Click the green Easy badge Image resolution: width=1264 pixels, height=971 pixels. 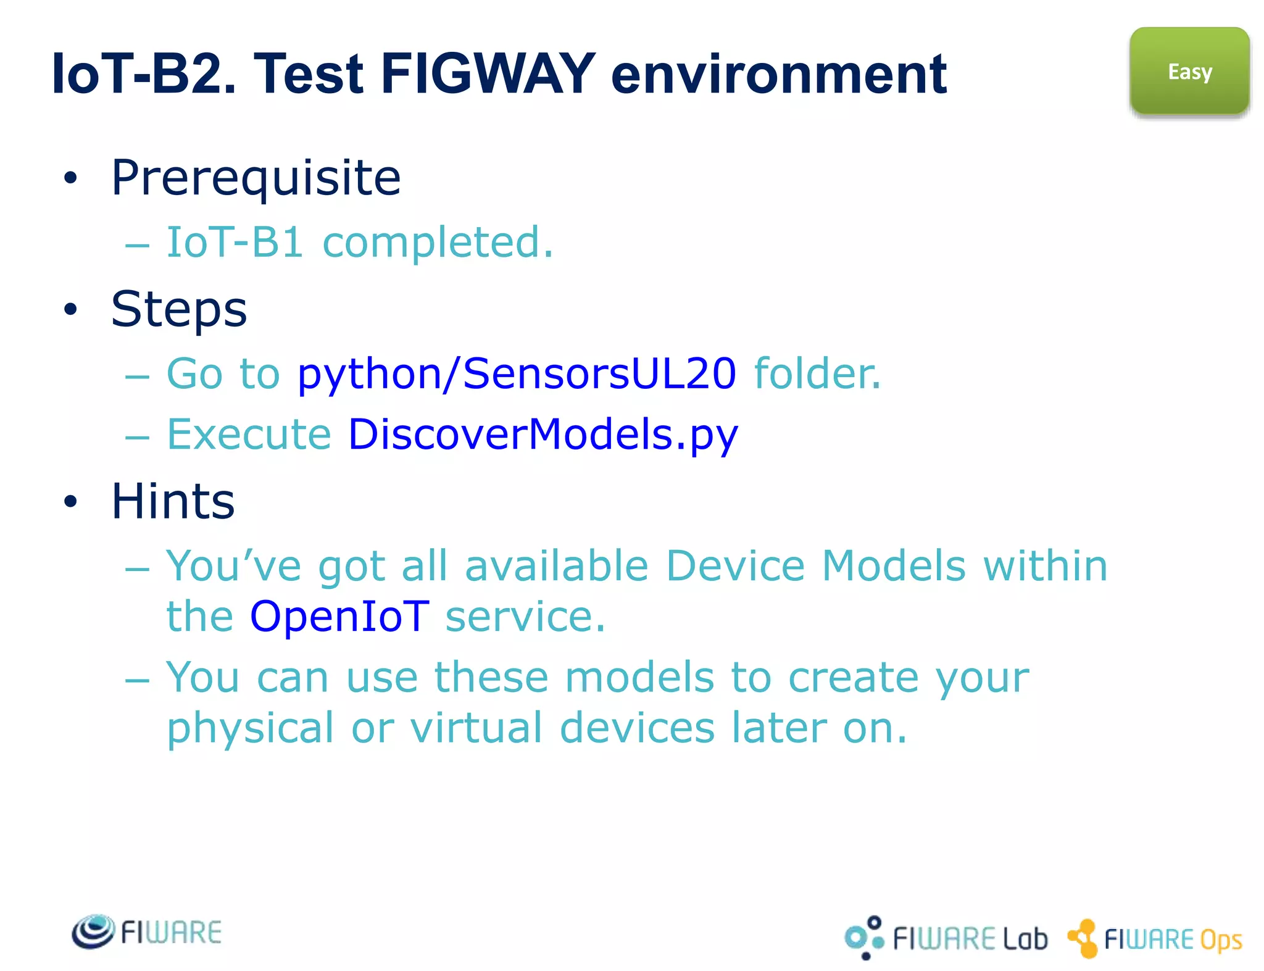(x=1189, y=72)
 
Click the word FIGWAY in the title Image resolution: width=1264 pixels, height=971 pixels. (x=488, y=74)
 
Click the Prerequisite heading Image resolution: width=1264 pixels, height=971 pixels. (x=256, y=178)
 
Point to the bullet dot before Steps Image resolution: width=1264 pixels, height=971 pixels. (x=71, y=309)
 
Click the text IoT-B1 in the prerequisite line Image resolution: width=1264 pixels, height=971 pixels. (x=235, y=242)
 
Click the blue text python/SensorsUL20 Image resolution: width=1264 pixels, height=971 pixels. (x=516, y=374)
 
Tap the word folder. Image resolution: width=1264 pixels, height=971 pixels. (x=817, y=374)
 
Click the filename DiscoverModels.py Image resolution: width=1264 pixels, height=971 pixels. (x=543, y=435)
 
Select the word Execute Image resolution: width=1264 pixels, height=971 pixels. (x=249, y=435)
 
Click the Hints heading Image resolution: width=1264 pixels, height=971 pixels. (x=173, y=501)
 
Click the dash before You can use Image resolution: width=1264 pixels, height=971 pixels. (x=137, y=680)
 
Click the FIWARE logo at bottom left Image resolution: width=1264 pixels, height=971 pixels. (x=147, y=932)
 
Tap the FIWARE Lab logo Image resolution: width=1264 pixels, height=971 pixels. (x=946, y=938)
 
